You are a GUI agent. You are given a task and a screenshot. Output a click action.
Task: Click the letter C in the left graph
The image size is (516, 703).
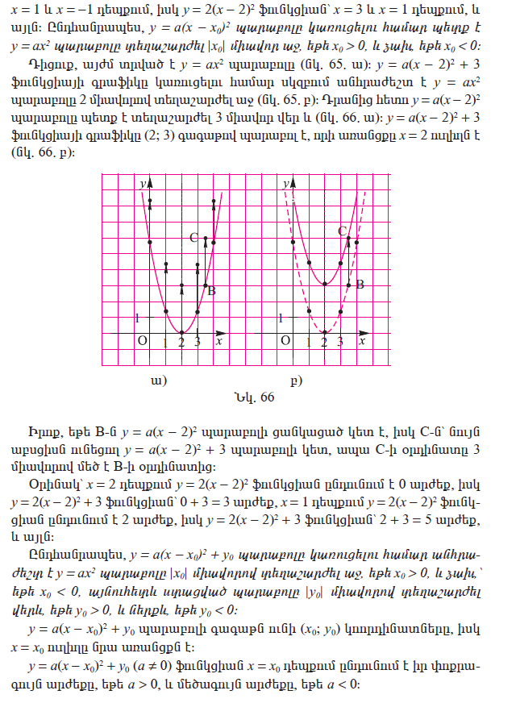(x=193, y=238)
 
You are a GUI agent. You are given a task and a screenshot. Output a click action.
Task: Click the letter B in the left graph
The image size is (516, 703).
(x=211, y=291)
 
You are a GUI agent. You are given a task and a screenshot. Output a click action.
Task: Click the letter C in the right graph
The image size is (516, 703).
(x=342, y=231)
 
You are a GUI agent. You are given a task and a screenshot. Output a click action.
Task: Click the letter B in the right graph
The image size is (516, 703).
(x=360, y=285)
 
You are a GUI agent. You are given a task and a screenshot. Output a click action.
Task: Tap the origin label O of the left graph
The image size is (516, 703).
(x=141, y=341)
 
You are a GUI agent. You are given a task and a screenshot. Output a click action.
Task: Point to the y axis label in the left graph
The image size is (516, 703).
(x=142, y=185)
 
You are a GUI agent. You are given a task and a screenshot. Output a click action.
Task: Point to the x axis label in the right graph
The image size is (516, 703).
(x=362, y=342)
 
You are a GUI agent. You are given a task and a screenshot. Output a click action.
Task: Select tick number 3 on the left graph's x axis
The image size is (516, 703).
(x=197, y=343)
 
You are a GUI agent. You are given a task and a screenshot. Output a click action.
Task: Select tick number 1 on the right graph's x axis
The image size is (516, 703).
(x=309, y=343)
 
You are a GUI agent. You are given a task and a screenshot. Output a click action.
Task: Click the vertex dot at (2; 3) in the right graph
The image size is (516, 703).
(x=324, y=284)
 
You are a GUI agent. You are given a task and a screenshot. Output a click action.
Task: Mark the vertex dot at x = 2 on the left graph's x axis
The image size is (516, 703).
(x=181, y=332)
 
